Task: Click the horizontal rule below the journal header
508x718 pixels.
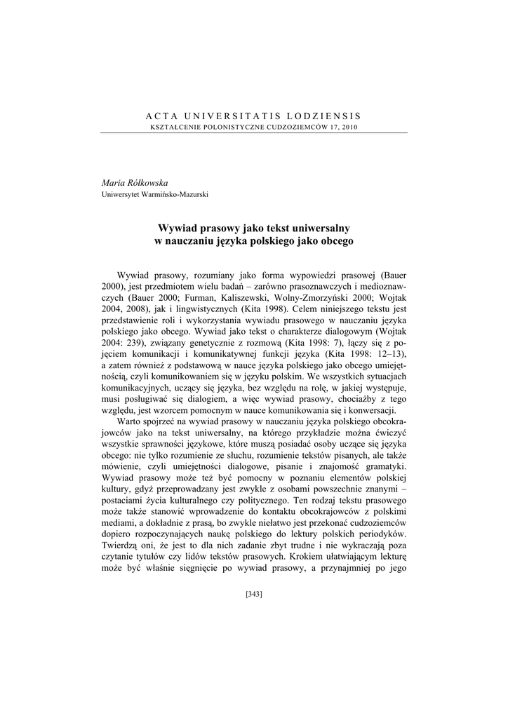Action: point(254,133)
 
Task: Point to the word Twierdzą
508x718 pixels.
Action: point(123,544)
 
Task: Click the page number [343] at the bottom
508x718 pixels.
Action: point(254,595)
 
